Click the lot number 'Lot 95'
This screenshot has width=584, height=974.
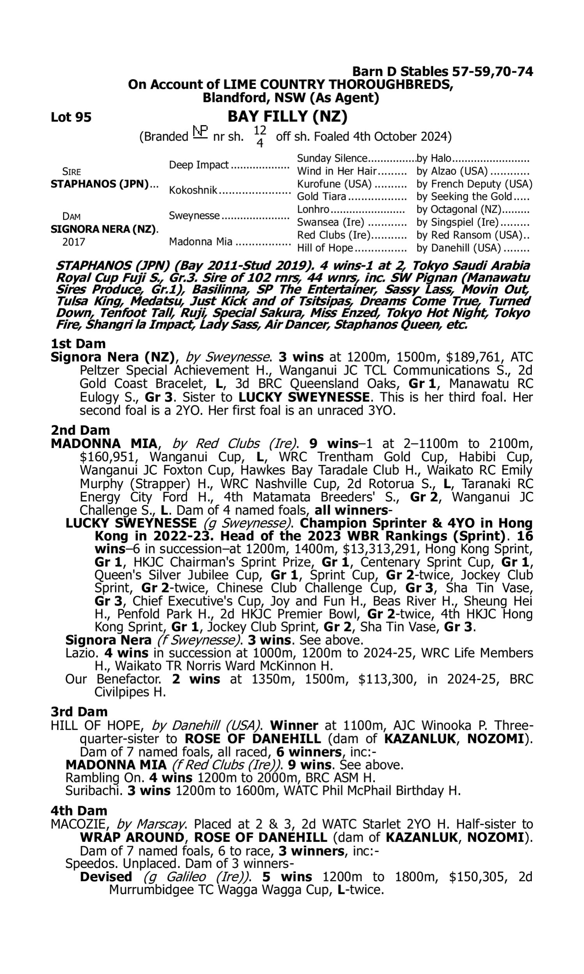(71, 117)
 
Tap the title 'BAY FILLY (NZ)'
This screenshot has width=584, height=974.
(287, 116)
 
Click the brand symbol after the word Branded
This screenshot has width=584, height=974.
(200, 132)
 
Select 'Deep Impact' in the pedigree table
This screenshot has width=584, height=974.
(199, 165)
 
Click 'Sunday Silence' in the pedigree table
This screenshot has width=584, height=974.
(332, 158)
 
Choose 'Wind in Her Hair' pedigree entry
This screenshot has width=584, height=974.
(337, 171)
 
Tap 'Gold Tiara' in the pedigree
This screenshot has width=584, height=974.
(322, 196)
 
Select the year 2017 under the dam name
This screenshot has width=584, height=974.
(74, 242)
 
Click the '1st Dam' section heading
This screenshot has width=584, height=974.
(78, 344)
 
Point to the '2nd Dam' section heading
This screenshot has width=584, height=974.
(80, 430)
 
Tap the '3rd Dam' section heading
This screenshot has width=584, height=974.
(79, 712)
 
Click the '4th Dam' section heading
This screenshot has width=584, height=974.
(79, 811)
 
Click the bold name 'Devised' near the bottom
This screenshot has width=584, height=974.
(106, 877)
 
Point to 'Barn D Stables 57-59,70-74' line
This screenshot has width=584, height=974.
(442, 72)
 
